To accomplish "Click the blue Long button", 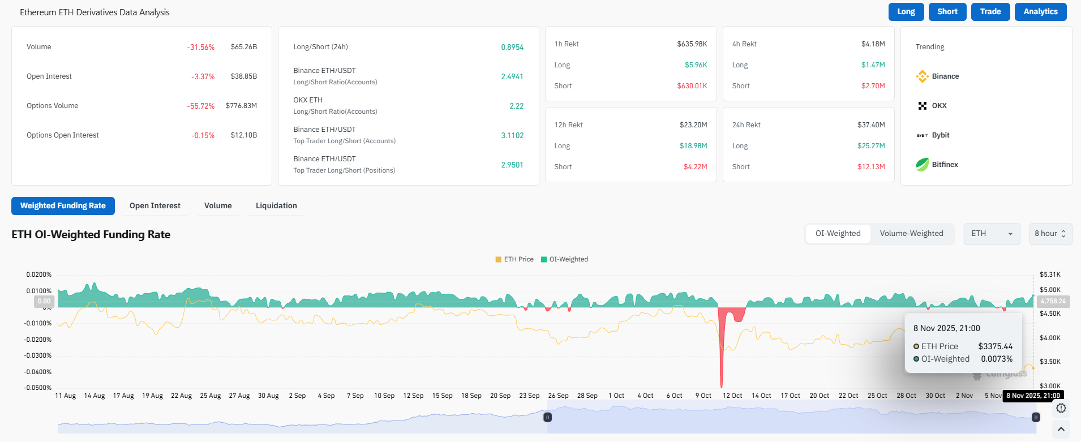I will pos(906,12).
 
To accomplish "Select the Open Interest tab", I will pos(155,205).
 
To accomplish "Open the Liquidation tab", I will pos(276,205).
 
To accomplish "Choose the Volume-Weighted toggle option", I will pos(911,233).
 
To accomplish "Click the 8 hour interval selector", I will pos(1050,233).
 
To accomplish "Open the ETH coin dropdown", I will pos(992,233).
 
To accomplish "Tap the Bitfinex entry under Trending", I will pos(945,165).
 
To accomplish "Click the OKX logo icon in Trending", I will pos(923,106).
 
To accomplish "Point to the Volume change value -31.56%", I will pos(201,47).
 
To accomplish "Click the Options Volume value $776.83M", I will pos(241,106).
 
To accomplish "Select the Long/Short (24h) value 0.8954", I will pos(512,47).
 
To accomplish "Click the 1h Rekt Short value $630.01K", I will pos(692,86).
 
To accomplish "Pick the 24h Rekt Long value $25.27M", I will pos(871,146).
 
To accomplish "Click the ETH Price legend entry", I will pos(514,259).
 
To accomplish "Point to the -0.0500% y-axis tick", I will pos(37,388).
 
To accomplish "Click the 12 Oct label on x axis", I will pos(732,396).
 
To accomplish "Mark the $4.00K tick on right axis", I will pos(1050,338).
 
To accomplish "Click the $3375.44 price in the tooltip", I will pos(995,346).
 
